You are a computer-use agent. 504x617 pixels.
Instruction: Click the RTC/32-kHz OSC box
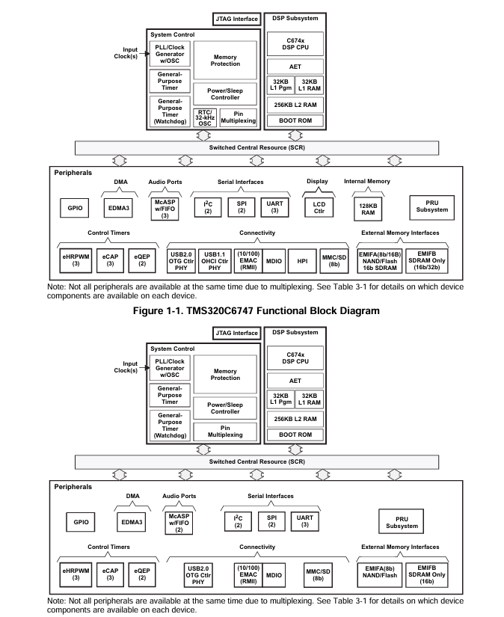pyautogui.click(x=205, y=117)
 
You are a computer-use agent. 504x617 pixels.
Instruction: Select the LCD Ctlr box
pyautogui.click(x=319, y=207)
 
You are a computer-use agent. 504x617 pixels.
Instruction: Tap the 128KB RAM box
pyautogui.click(x=368, y=209)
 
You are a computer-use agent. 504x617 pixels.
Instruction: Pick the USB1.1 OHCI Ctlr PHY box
pyautogui.click(x=215, y=261)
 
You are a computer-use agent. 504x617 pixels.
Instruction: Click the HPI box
pyautogui.click(x=302, y=261)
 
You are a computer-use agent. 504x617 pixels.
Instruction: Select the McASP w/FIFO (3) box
pyautogui.click(x=165, y=209)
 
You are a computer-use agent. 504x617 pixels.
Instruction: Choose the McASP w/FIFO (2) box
pyautogui.click(x=179, y=523)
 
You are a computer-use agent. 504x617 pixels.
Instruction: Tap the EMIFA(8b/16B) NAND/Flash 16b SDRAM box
pyautogui.click(x=380, y=261)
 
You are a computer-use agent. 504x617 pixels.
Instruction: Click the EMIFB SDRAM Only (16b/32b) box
pyautogui.click(x=427, y=261)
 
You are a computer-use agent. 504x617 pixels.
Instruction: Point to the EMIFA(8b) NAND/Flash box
pyautogui.click(x=380, y=575)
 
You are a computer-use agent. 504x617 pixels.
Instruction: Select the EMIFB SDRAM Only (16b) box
pyautogui.click(x=427, y=575)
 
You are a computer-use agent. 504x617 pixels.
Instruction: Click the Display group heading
pyautogui.click(x=317, y=182)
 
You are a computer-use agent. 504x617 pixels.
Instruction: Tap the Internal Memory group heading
pyautogui.click(x=367, y=182)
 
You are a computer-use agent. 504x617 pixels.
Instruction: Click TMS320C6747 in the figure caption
pyautogui.click(x=220, y=311)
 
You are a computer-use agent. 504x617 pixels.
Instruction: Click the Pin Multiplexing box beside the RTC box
pyautogui.click(x=238, y=117)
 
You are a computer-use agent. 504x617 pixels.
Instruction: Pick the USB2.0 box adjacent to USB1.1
pyautogui.click(x=181, y=261)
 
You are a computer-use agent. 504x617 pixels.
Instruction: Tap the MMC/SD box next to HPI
pyautogui.click(x=334, y=261)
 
